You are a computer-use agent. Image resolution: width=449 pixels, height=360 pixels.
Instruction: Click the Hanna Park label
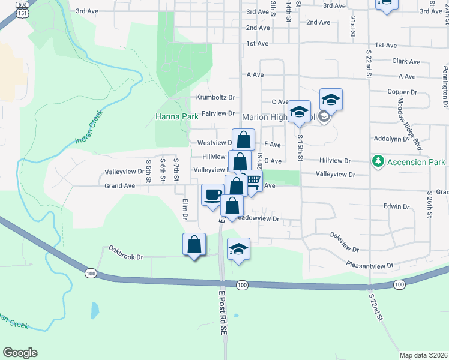[177, 116]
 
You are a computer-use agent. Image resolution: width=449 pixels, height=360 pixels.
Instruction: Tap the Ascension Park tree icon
[378, 161]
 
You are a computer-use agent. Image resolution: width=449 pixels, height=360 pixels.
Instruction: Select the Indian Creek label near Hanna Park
[90, 127]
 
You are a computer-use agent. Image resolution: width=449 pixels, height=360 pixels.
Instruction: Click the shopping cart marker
[253, 181]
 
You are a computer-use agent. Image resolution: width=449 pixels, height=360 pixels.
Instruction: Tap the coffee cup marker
[212, 194]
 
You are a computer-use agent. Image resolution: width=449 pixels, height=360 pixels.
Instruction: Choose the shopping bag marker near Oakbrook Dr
[194, 244]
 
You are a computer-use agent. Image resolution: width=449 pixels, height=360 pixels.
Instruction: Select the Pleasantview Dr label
[370, 265]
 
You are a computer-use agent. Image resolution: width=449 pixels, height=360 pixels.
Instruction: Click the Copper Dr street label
[402, 92]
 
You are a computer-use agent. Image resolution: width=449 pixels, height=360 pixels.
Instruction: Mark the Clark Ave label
[406, 61]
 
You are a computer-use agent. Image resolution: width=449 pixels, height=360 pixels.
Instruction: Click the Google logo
[20, 352]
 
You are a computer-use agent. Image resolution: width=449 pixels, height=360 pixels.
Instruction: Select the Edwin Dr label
[396, 206]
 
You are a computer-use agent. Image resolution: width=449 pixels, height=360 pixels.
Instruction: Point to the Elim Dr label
[185, 211]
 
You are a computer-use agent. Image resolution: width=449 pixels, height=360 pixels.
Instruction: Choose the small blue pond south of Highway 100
[95, 310]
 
